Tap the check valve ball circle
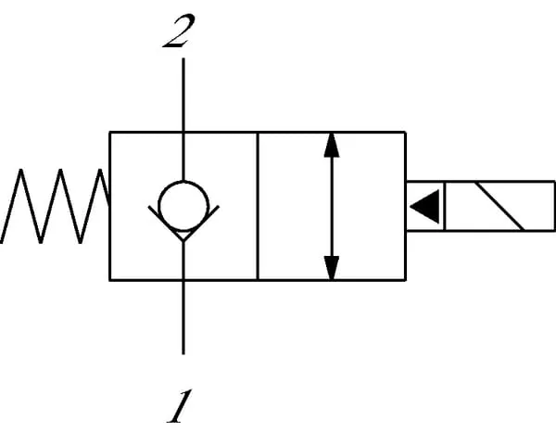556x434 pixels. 183,203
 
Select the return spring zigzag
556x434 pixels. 56,206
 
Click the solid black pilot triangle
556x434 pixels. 425,206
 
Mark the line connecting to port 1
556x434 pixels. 183,315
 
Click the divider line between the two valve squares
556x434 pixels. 257,206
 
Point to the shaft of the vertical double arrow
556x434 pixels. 332,206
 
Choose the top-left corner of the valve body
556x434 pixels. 110,133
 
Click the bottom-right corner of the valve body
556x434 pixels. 405,278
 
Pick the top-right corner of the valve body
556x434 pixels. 405,133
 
